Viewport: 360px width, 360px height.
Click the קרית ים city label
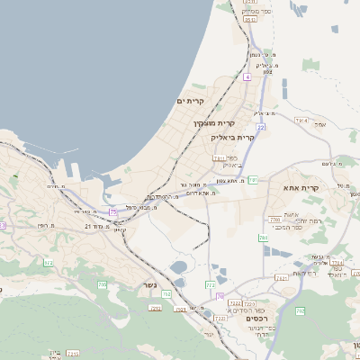192,101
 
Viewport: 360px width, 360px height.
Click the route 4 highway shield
247,76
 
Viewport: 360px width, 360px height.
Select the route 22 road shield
260,128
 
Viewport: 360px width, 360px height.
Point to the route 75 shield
113,211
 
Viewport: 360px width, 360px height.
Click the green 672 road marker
48,263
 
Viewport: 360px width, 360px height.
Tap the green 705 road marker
102,284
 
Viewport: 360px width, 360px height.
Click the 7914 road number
301,120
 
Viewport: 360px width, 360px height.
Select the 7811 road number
219,159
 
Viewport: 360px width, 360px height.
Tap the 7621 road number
282,278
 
